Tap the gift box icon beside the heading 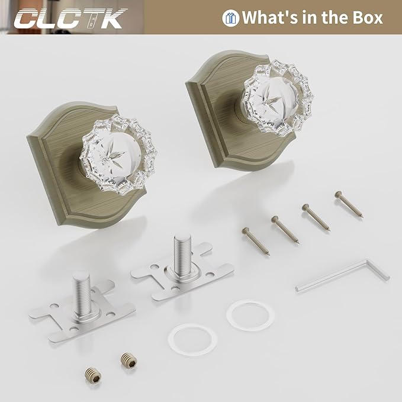(x=230, y=17)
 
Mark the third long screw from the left (x=318, y=217)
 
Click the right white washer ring (x=247, y=317)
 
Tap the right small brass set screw (x=127, y=359)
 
